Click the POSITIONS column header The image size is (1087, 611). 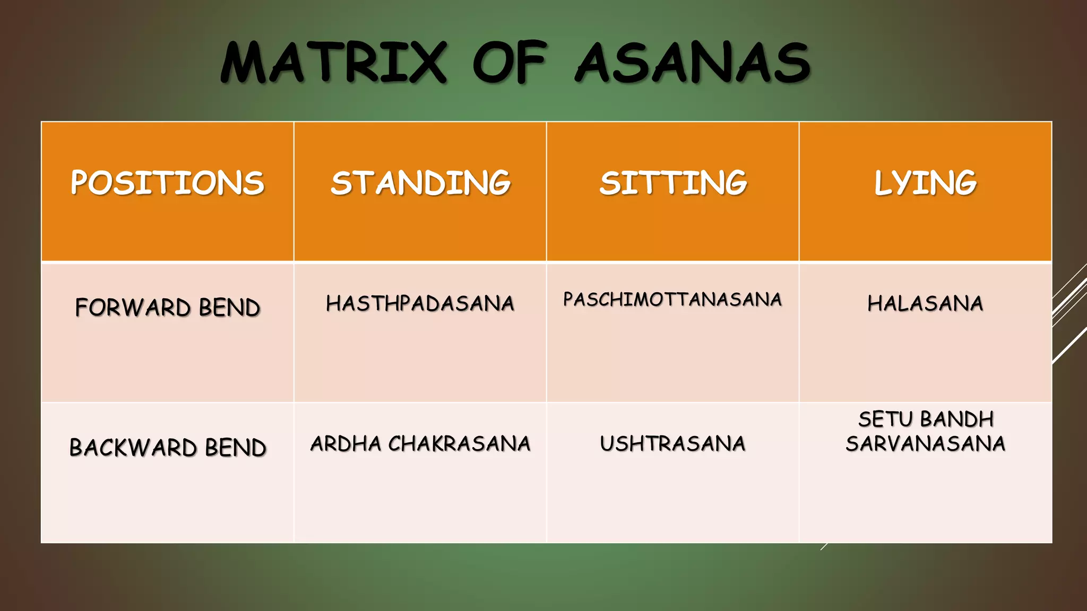point(167,183)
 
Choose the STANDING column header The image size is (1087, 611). point(420,183)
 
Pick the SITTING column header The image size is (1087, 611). point(673,183)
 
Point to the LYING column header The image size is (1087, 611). point(925,183)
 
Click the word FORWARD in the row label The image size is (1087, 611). point(133,308)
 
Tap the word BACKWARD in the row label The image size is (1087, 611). point(133,448)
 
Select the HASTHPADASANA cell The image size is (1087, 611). point(420,303)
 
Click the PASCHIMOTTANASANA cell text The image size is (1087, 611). point(672,300)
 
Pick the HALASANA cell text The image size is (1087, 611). point(925,303)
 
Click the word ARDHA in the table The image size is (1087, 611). point(346,444)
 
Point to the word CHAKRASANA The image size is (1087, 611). point(459,444)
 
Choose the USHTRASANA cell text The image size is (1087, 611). point(672,444)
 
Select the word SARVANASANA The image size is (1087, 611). point(925,444)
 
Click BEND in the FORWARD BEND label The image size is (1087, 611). point(229,308)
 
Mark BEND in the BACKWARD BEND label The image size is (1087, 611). point(236,448)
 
